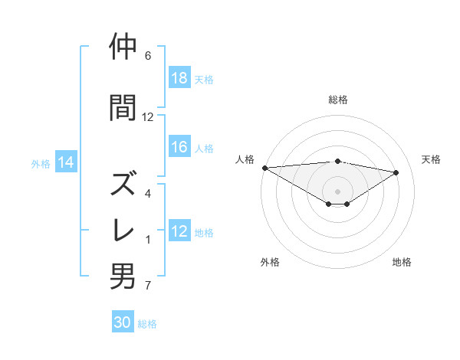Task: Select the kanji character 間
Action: (x=123, y=107)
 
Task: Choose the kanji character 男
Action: (x=123, y=276)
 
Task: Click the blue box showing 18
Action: (x=179, y=78)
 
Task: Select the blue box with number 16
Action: (x=179, y=148)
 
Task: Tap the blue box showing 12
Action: (x=179, y=232)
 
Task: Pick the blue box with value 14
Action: (x=66, y=162)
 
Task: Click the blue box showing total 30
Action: (x=123, y=323)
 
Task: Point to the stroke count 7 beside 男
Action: (x=148, y=286)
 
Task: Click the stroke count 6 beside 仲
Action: (x=148, y=56)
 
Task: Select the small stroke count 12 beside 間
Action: (x=148, y=117)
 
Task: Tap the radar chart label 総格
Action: (x=338, y=100)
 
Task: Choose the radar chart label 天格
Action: (x=432, y=159)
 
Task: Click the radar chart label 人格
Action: (x=245, y=159)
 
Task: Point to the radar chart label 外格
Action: (x=270, y=262)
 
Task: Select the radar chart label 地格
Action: (x=402, y=262)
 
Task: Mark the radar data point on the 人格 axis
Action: (x=264, y=167)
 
